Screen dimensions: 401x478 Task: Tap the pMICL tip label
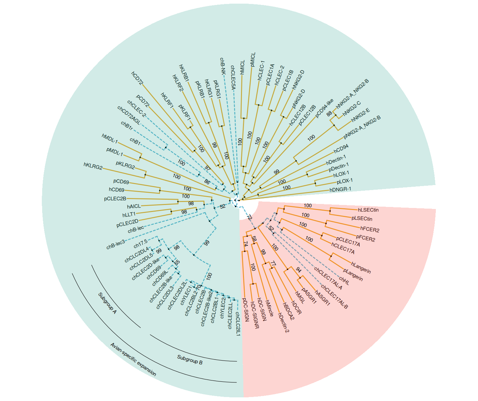253,59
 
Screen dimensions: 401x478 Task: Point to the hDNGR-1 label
340,189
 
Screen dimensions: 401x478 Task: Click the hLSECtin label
368,210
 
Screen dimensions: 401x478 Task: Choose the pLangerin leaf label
353,275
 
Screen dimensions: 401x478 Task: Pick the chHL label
344,282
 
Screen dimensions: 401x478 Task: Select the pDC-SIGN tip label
245,310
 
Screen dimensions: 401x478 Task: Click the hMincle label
269,308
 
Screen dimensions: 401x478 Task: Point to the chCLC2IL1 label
238,324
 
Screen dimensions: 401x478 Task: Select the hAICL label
134,206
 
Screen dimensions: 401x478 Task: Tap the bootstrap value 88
329,114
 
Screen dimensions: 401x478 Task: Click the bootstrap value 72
249,218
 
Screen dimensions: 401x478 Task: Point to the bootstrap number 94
298,270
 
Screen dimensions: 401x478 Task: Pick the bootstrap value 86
207,182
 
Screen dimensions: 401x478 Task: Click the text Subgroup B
190,360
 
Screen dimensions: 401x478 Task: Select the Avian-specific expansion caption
133,360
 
